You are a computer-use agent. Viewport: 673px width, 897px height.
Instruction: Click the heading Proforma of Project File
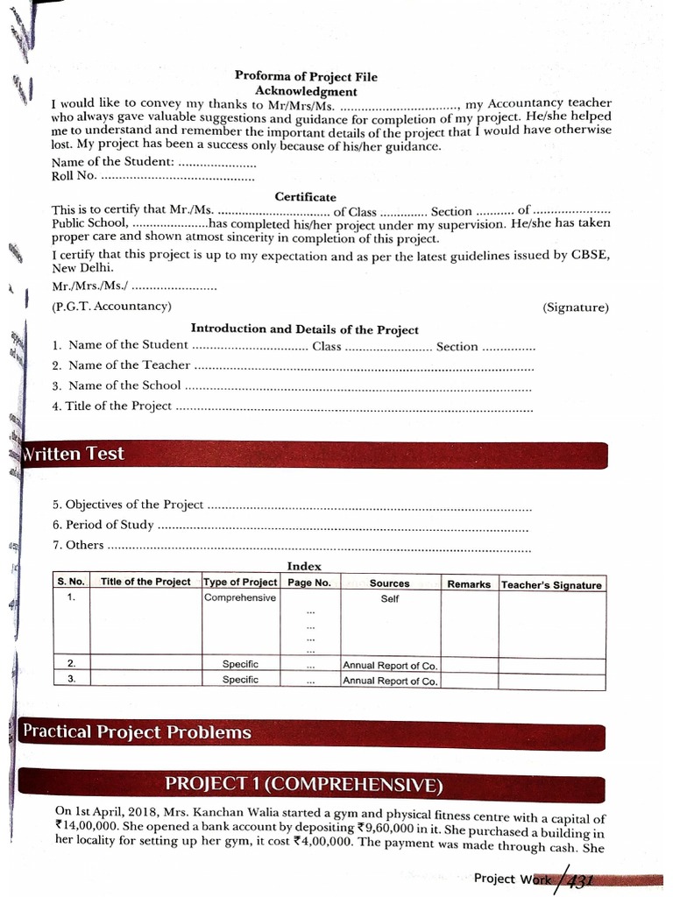point(306,76)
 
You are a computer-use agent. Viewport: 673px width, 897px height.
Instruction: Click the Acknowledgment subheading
point(306,91)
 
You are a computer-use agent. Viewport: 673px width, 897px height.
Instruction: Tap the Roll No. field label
point(74,177)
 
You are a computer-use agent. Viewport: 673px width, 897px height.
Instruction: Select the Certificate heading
point(305,197)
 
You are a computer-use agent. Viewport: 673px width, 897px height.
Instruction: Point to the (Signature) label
point(575,307)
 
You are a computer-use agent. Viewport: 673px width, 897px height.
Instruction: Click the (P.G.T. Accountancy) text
point(111,306)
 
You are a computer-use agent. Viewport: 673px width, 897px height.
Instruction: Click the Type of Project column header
point(240,583)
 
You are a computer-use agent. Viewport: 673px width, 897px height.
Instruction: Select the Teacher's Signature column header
point(551,584)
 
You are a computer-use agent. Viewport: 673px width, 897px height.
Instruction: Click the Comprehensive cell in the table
point(240,598)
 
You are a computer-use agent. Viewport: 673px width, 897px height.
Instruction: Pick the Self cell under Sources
point(390,599)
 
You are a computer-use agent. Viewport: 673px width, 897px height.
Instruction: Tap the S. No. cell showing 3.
point(71,679)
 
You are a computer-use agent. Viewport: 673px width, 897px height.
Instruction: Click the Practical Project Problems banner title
point(137,732)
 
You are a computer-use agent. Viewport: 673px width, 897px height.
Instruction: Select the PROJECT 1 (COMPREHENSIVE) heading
point(304,783)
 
